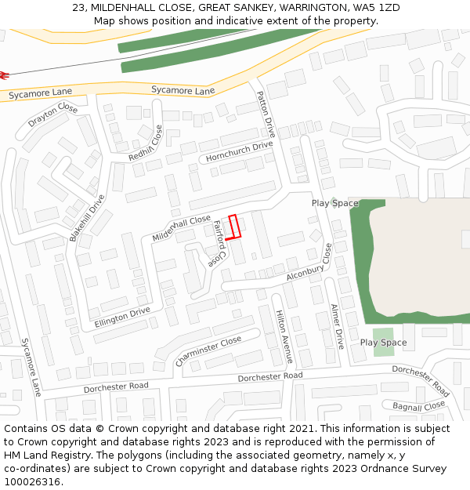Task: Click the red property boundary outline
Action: click(233, 226)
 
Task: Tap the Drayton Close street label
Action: click(53, 115)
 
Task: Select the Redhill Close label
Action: click(146, 143)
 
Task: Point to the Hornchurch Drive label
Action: click(239, 151)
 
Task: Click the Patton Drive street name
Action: click(266, 114)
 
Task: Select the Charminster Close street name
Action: click(208, 351)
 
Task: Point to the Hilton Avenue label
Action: click(284, 336)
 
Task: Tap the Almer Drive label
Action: click(337, 326)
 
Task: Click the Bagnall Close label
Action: click(418, 406)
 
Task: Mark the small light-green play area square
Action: click(383, 342)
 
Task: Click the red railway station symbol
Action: click(3, 75)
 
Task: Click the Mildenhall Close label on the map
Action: click(181, 227)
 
